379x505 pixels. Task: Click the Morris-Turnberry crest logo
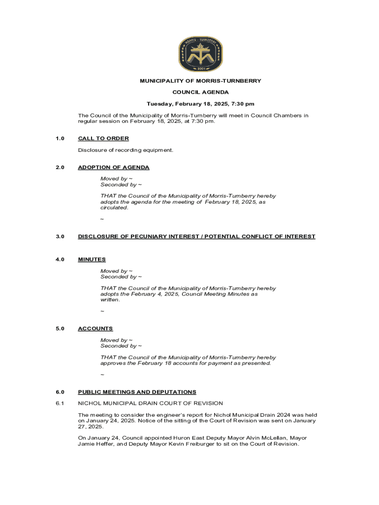click(x=200, y=54)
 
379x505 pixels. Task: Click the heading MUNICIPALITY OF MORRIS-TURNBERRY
click(x=200, y=81)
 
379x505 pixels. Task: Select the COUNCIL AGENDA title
click(x=200, y=92)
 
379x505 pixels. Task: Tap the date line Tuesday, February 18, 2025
click(x=200, y=104)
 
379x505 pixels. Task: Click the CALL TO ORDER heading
click(x=103, y=139)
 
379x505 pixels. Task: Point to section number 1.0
click(x=60, y=139)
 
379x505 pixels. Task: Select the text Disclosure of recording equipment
click(x=126, y=150)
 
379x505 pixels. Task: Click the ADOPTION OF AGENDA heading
click(x=114, y=168)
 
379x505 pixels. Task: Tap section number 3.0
click(x=60, y=237)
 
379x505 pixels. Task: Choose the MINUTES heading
click(x=92, y=259)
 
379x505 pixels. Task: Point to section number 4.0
click(x=60, y=259)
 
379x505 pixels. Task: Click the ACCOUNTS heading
click(x=95, y=328)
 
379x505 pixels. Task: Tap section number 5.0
click(x=60, y=328)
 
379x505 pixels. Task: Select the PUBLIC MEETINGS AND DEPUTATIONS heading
click(x=137, y=392)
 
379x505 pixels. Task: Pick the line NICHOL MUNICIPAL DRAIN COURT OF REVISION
click(x=150, y=403)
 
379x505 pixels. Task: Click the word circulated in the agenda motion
click(x=114, y=208)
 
